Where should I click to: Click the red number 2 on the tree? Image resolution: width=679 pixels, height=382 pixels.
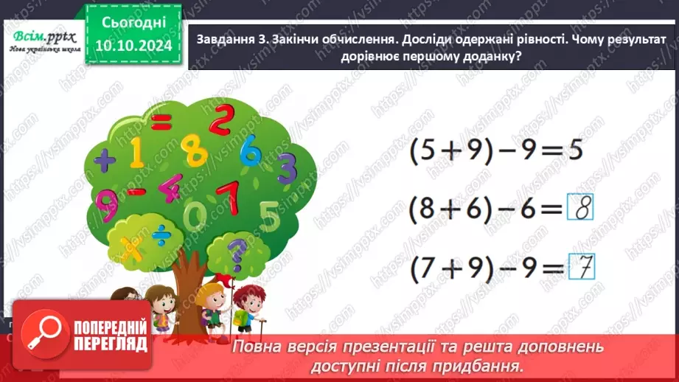point(220,120)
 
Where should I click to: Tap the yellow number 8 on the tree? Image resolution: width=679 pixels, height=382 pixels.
point(195,152)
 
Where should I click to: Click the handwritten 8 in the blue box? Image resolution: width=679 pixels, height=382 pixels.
point(582,211)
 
